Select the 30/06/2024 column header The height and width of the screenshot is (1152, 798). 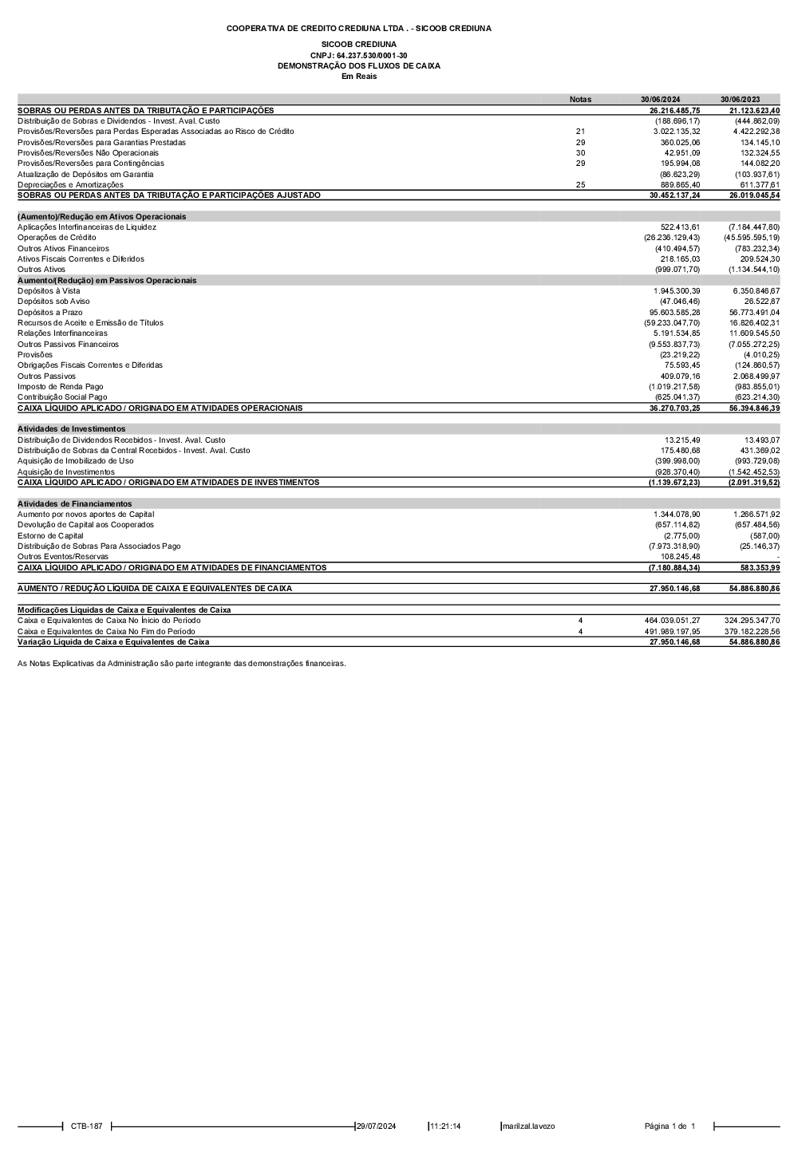pos(660,100)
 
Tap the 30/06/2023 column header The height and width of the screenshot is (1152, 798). pos(740,100)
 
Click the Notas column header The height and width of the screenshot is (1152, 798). pos(580,100)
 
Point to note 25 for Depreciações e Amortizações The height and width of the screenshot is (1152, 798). pos(580,184)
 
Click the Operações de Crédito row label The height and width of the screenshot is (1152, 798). pos(57,238)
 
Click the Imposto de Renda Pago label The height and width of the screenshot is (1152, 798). pos(61,386)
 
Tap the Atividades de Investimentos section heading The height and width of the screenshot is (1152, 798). pos(72,429)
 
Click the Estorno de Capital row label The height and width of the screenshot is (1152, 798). pos(50,535)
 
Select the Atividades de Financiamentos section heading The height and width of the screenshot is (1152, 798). pos(75,503)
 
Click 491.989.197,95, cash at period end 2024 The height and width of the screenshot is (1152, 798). pos(672,631)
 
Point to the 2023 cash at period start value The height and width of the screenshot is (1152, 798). pos(752,620)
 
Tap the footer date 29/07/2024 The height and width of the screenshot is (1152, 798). pos(376,1126)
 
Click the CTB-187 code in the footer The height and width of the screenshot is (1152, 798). pos(86,1126)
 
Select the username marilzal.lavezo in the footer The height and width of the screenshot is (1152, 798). pos(528,1126)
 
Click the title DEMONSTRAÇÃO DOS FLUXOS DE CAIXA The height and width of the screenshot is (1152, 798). pos(358,66)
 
